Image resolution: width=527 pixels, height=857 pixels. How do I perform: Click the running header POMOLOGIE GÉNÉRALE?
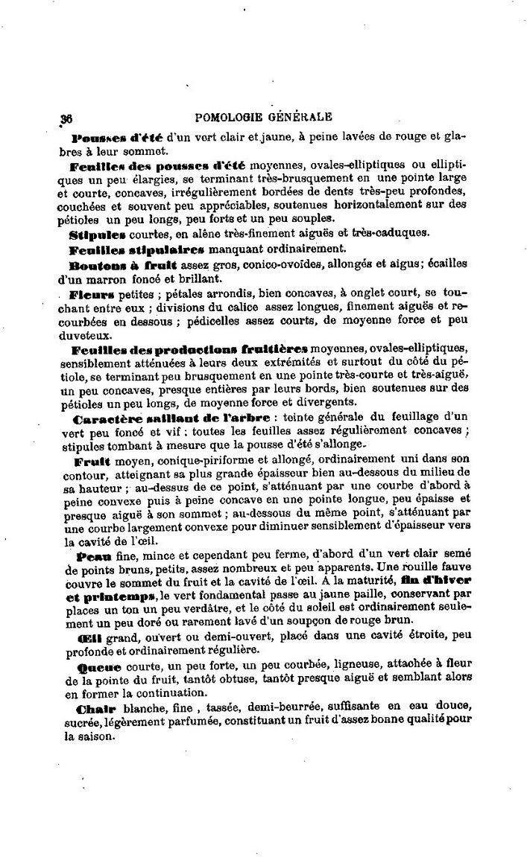[x=262, y=116]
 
